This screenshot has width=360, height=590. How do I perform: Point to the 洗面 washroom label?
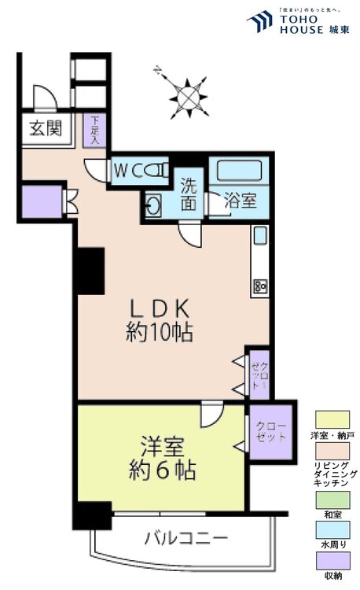click(189, 195)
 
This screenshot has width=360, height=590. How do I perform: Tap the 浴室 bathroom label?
click(240, 201)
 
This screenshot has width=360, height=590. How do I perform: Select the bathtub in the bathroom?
click(239, 171)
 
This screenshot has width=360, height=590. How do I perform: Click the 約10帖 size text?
click(160, 332)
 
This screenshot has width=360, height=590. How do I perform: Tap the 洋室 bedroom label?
click(162, 448)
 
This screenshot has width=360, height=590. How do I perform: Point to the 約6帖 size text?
click(162, 472)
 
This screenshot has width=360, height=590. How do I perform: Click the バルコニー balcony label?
click(186, 539)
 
